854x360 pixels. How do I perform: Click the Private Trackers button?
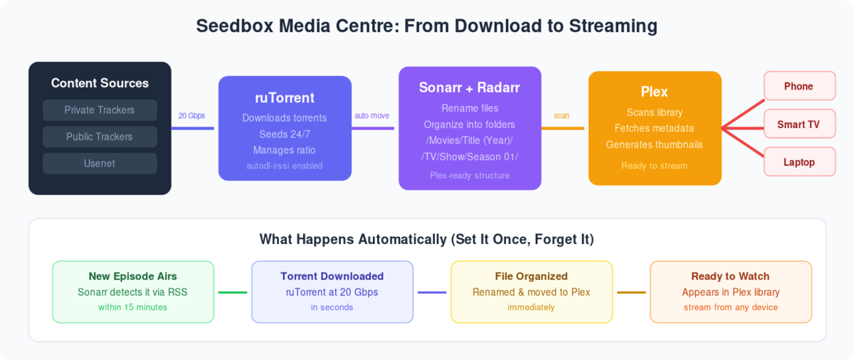[x=100, y=110]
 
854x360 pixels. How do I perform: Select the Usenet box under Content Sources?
[x=100, y=164]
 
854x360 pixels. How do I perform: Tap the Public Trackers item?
[x=100, y=137]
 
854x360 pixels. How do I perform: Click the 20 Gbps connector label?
[x=192, y=115]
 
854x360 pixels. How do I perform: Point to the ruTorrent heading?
[x=285, y=97]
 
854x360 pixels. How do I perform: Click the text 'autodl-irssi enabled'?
[x=285, y=166]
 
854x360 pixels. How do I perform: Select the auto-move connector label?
[x=371, y=115]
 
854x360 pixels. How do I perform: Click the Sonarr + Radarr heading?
[x=470, y=88]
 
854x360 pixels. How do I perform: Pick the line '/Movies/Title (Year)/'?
[x=470, y=140]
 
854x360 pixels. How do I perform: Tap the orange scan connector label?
[x=562, y=115]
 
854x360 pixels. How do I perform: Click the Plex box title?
[x=655, y=92]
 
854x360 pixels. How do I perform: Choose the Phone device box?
[x=798, y=86]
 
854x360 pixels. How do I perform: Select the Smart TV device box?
[x=798, y=125]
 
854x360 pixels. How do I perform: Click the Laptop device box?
[x=798, y=162]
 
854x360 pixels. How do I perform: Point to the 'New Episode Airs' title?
[x=133, y=276]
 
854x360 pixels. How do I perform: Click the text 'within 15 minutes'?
[x=133, y=307]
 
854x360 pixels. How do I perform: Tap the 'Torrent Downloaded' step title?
[x=332, y=276]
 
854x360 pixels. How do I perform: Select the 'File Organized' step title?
[x=531, y=276]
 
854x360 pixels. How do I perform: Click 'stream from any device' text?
[x=731, y=307]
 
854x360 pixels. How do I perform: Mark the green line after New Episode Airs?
[x=232, y=292]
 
